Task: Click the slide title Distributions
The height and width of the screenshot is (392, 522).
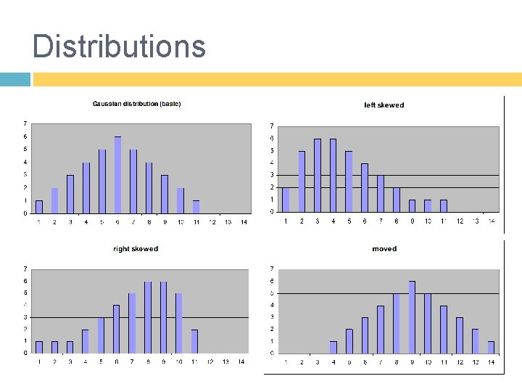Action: [119, 46]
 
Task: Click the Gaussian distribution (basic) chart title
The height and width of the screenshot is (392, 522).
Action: [136, 104]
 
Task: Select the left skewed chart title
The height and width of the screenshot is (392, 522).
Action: [384, 105]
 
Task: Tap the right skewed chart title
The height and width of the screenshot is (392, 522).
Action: [136, 249]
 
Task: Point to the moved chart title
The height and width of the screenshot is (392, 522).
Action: [384, 249]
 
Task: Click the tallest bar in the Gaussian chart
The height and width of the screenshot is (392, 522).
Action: [117, 175]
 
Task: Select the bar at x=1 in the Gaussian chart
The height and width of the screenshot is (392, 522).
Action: [39, 207]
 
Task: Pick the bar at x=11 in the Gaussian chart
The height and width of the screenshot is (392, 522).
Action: [196, 207]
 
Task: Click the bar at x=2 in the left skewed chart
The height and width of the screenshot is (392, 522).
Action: [302, 181]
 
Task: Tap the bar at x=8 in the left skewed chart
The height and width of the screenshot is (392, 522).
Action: [396, 200]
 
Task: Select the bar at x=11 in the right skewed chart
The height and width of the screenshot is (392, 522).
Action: [195, 341]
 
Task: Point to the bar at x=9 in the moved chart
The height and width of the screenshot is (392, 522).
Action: [412, 317]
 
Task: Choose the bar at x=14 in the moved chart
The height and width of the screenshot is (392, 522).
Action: [490, 347]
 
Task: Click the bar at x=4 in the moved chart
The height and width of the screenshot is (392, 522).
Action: [333, 347]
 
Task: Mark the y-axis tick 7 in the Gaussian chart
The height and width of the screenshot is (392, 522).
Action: [25, 123]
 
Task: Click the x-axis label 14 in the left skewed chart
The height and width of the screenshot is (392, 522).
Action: [491, 221]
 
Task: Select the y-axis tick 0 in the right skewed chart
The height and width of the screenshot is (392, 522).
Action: [25, 353]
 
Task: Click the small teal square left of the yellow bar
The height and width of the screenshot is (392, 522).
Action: [15, 79]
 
